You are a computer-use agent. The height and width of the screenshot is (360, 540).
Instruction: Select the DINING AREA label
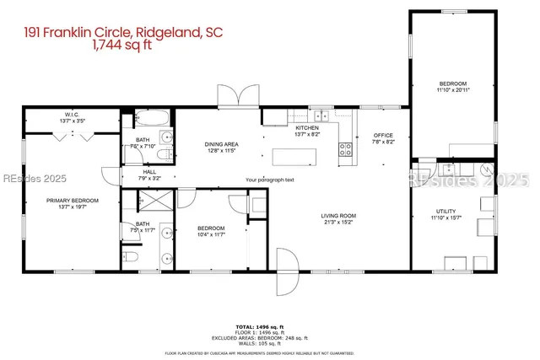click(x=222, y=144)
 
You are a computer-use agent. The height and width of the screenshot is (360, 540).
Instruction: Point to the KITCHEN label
click(x=306, y=127)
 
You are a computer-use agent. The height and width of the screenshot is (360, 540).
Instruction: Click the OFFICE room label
click(x=384, y=135)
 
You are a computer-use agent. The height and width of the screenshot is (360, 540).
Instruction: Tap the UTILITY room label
click(x=445, y=212)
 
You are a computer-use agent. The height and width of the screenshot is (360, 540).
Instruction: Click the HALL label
click(x=149, y=172)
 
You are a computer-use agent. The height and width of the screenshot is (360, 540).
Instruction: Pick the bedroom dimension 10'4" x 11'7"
click(x=211, y=234)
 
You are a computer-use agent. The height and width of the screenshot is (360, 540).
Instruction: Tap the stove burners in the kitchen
click(x=346, y=150)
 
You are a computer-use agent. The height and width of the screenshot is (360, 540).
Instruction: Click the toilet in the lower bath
click(x=129, y=255)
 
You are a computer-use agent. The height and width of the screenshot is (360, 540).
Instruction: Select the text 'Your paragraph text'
click(x=270, y=180)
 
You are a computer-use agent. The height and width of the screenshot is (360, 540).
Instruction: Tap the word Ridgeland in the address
click(x=167, y=34)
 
